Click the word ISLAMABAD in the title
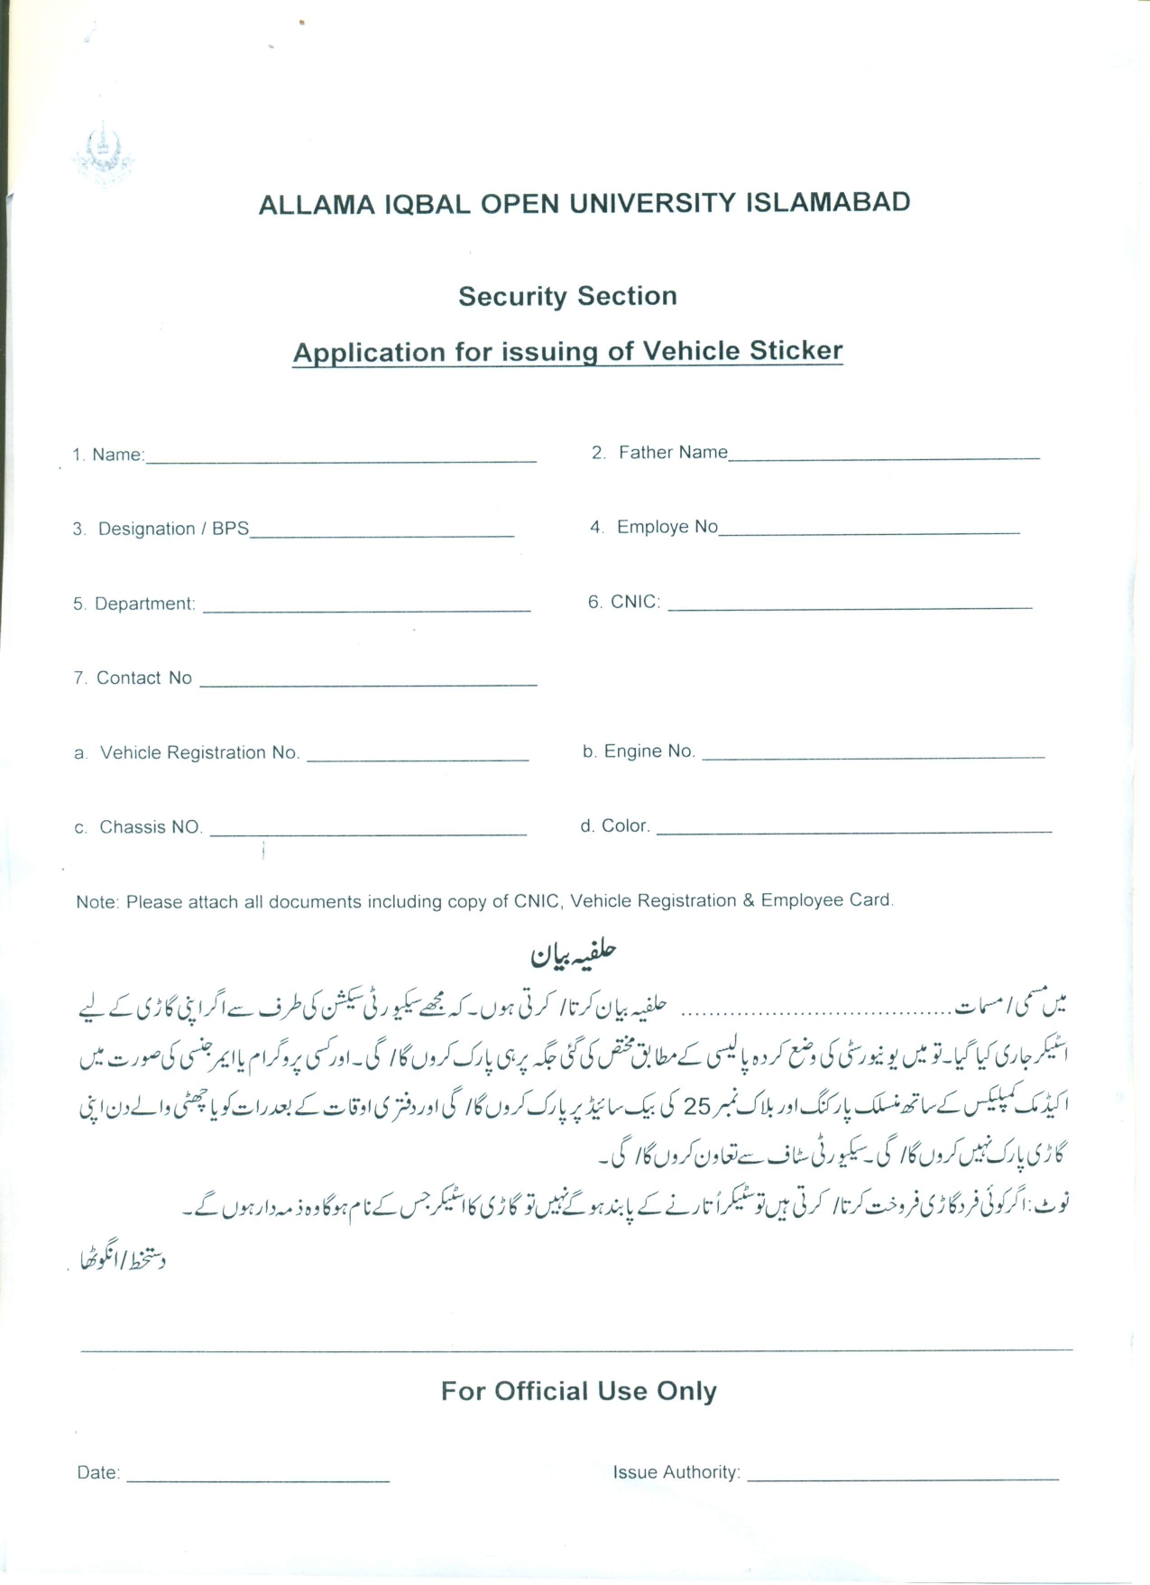point(827,202)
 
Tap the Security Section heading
point(567,296)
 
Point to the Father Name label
point(672,452)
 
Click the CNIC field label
point(635,602)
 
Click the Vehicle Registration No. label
point(198,752)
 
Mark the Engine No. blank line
point(872,755)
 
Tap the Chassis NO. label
point(150,827)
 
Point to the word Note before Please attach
point(97,901)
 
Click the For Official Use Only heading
point(578,1391)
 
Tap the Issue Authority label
point(676,1472)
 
